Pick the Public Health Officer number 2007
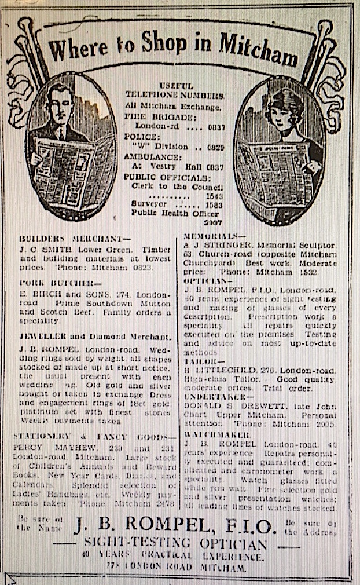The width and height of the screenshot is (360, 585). click(x=214, y=222)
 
